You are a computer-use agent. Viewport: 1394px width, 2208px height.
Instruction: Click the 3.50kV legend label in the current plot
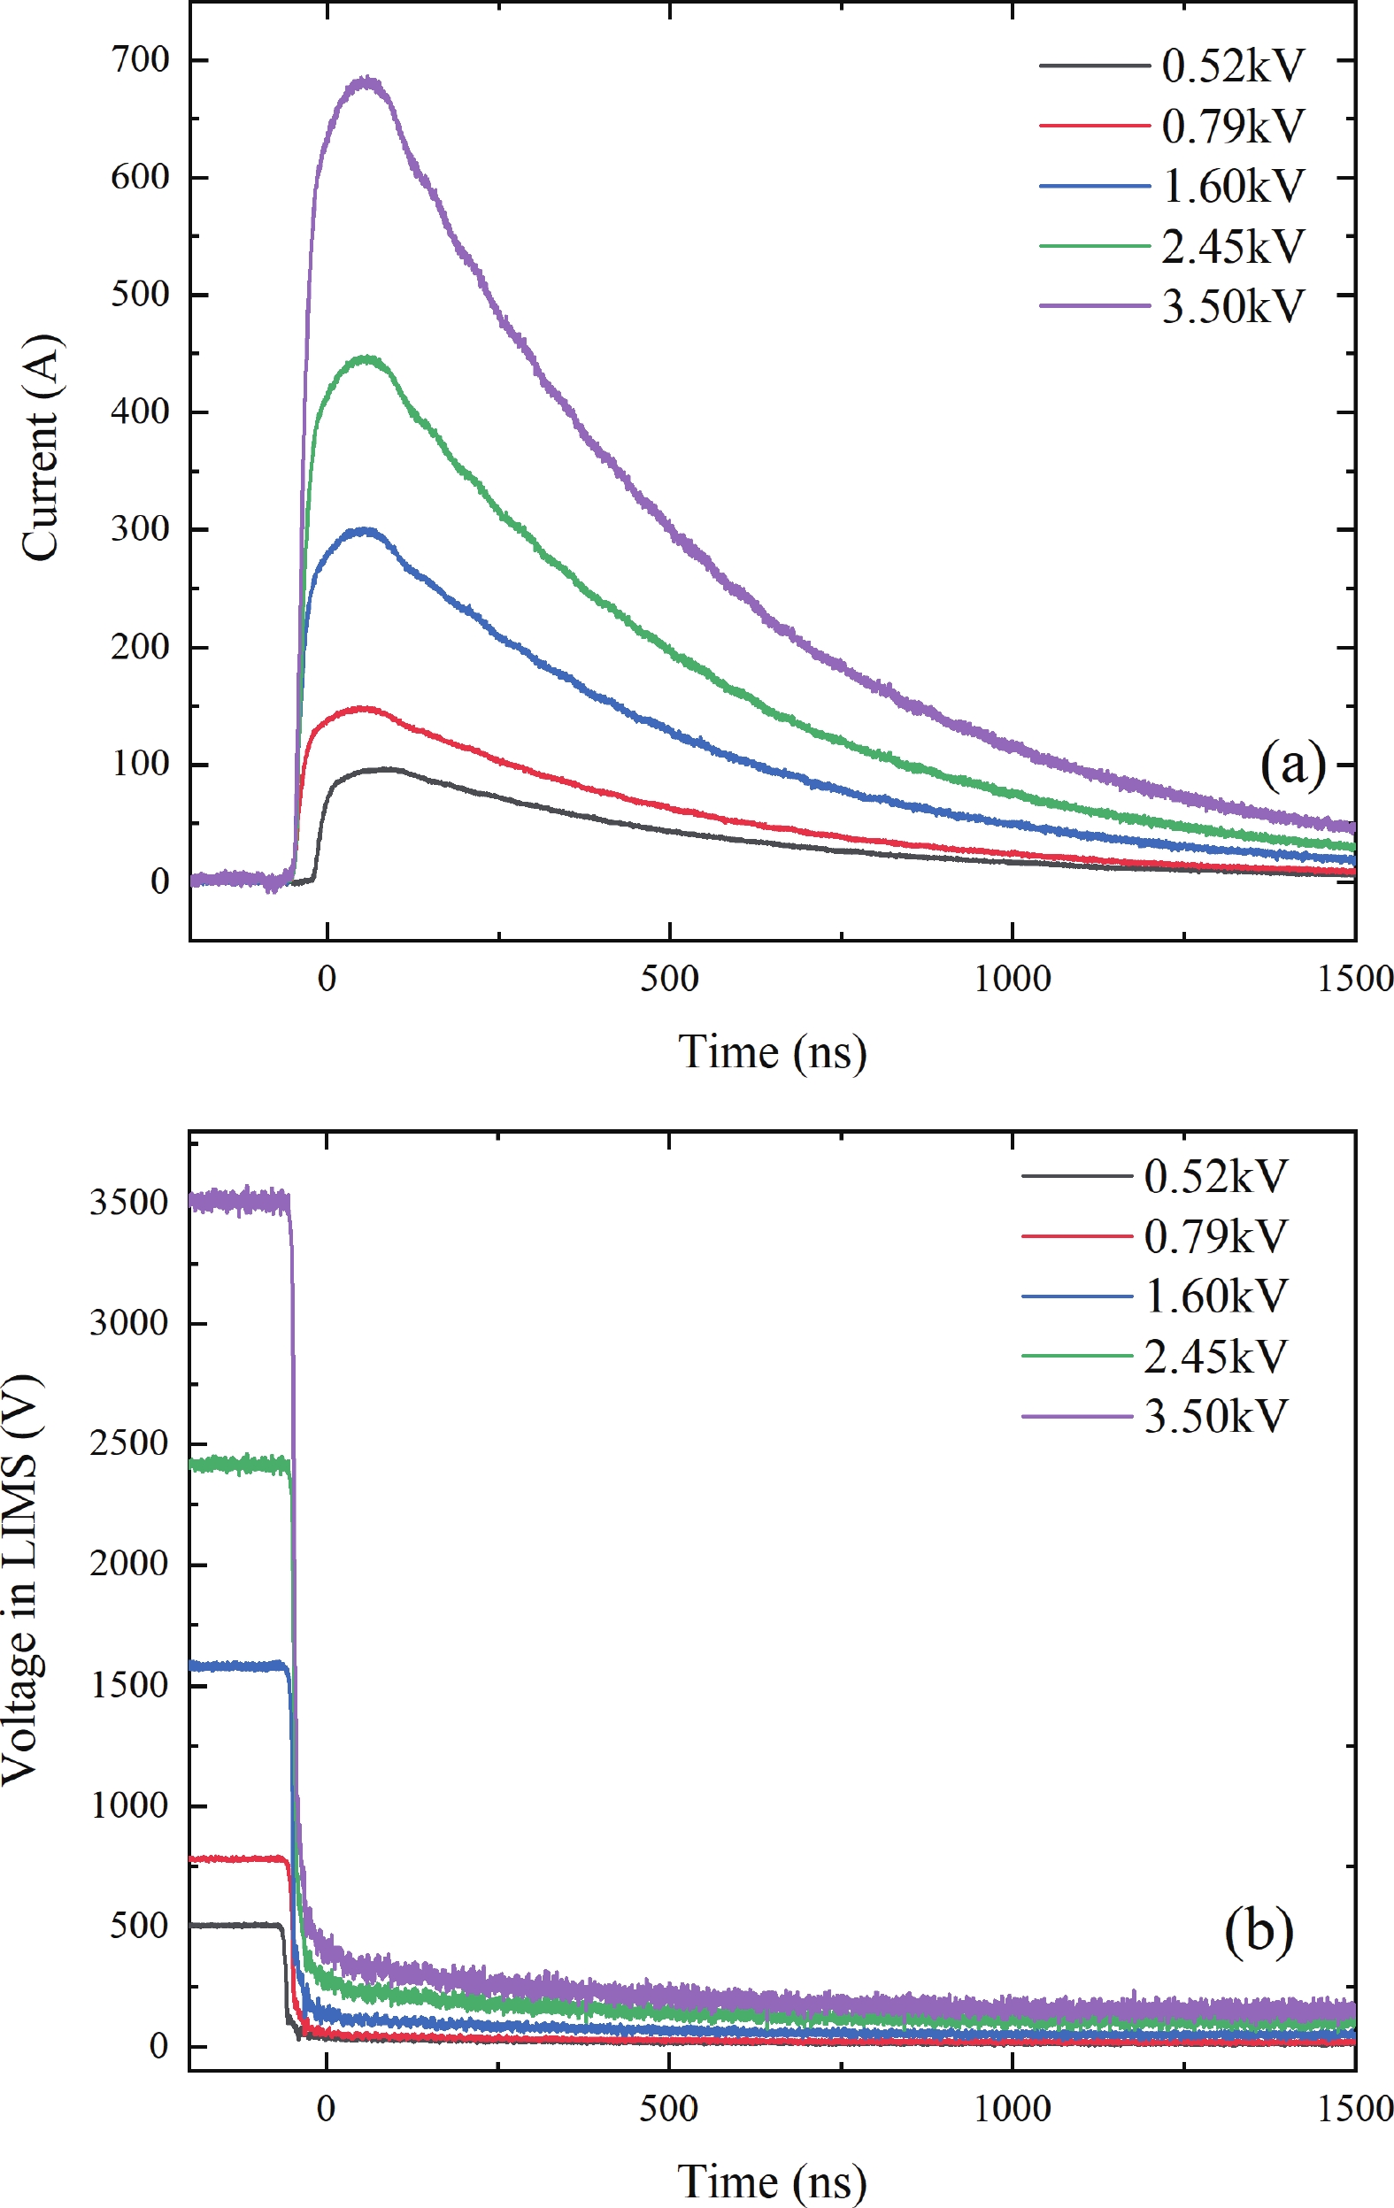click(1232, 306)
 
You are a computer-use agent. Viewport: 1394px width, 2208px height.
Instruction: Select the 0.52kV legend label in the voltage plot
click(1215, 1176)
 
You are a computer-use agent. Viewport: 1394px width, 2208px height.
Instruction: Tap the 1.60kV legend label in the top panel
click(1232, 186)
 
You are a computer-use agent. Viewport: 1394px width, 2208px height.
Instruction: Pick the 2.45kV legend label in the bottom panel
click(1215, 1356)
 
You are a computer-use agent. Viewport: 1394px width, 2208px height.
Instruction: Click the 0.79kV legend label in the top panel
click(1232, 127)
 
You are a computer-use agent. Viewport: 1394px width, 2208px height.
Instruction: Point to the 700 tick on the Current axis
click(141, 60)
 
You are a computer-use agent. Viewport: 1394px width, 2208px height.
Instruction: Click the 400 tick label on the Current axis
click(141, 412)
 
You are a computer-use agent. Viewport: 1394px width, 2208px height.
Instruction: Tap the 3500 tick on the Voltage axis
click(129, 1202)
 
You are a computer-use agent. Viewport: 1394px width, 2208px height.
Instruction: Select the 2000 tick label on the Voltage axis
click(129, 1564)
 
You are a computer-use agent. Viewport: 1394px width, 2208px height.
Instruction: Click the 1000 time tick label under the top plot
click(1012, 980)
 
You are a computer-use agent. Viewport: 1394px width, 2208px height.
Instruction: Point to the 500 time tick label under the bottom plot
click(668, 2109)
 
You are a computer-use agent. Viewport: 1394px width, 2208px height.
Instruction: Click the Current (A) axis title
click(41, 448)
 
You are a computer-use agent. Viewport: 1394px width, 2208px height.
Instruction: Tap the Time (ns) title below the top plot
click(771, 1051)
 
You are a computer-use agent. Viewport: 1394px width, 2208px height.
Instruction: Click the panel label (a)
click(1292, 764)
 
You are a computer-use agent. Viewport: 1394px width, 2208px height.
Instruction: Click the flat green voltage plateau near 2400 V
click(238, 1465)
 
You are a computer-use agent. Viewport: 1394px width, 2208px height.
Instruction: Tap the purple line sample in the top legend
click(1094, 305)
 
